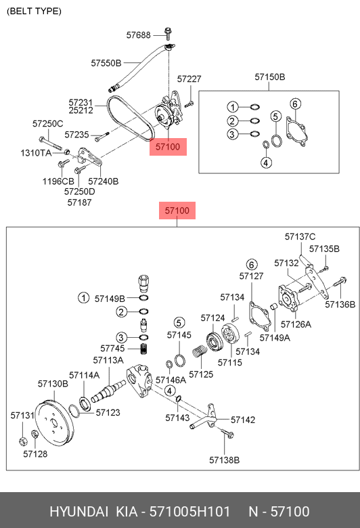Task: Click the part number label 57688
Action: pyautogui.click(x=139, y=35)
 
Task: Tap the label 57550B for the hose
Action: pyautogui.click(x=106, y=63)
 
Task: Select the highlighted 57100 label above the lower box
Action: pyautogui.click(x=177, y=211)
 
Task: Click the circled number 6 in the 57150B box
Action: pyautogui.click(x=295, y=104)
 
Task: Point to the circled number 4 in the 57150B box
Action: pyautogui.click(x=266, y=162)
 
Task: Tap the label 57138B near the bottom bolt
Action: pyautogui.click(x=224, y=460)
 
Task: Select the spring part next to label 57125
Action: pyautogui.click(x=200, y=351)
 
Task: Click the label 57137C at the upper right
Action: pyautogui.click(x=300, y=237)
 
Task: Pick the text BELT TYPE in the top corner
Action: pyautogui.click(x=34, y=11)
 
